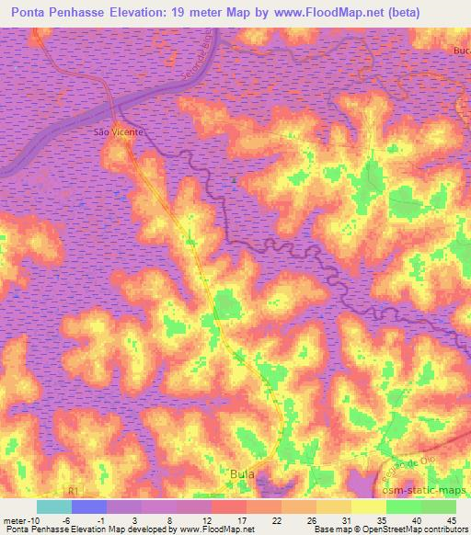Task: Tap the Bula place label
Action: [241, 474]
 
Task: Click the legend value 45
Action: [451, 519]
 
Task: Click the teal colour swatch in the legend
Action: [54, 507]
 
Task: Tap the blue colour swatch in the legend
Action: [89, 507]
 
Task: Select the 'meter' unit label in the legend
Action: [14, 519]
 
